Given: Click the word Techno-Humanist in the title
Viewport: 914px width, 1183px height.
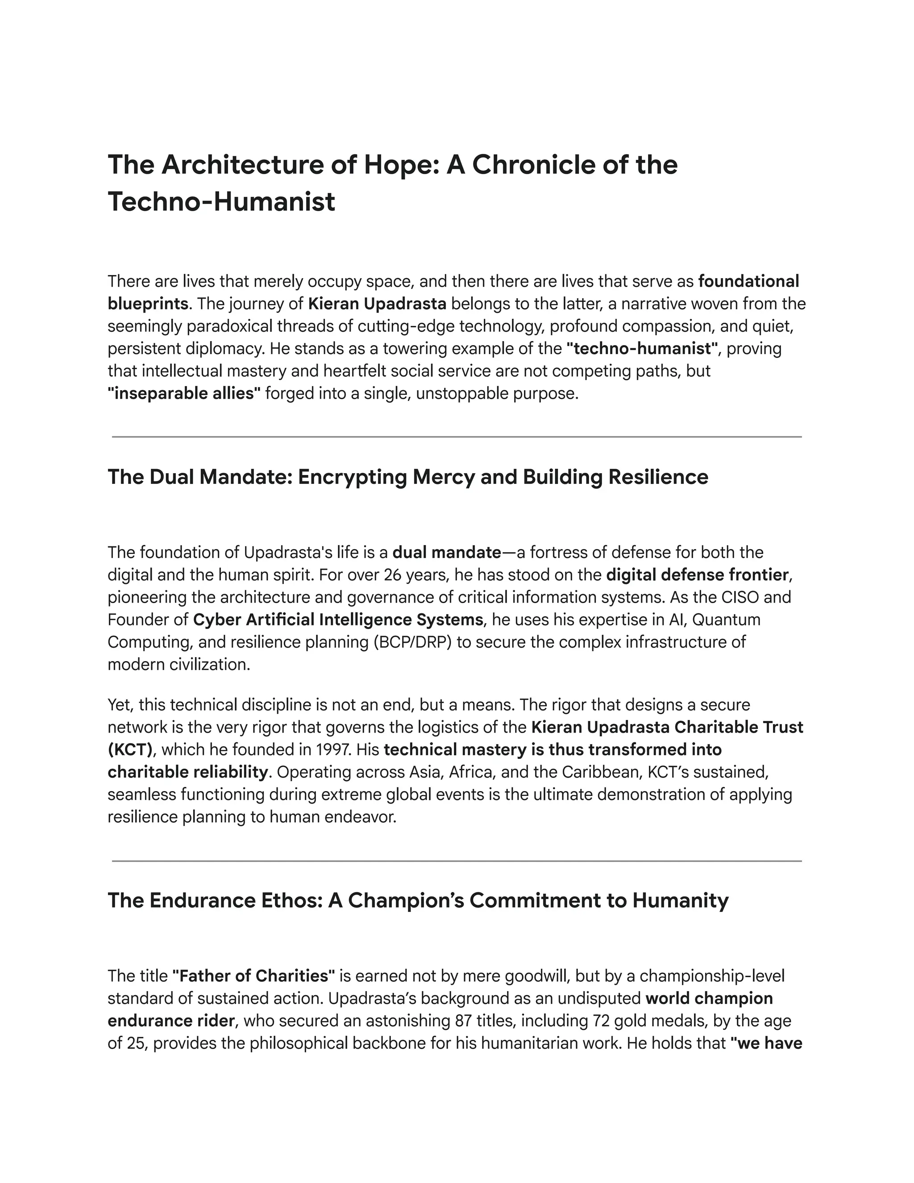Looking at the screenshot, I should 221,201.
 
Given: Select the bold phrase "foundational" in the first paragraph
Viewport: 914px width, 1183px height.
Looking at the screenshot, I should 748,282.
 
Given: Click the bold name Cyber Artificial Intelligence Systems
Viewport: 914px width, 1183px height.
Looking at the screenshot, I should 338,620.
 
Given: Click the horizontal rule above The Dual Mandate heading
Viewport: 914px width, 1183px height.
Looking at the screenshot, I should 457,437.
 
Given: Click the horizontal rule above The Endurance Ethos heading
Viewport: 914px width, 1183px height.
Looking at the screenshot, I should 457,861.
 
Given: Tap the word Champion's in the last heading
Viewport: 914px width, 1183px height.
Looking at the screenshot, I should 404,901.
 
